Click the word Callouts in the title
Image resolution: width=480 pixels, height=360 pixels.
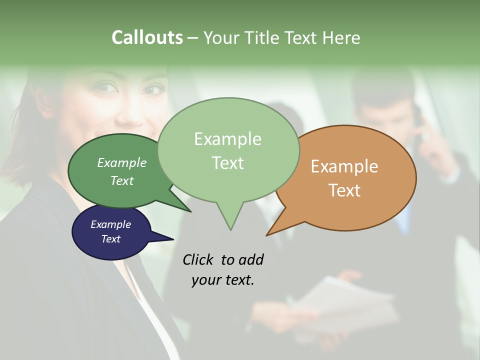pos(147,37)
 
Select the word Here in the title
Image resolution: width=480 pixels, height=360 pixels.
pos(339,37)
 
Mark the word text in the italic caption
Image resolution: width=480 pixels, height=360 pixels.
pos(240,280)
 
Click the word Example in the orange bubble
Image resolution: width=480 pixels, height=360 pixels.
pos(344,166)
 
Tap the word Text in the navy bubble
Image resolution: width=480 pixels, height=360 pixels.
pos(111,239)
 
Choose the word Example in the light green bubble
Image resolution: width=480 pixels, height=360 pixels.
pos(227,139)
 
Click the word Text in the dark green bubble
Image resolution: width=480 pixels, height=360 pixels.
pos(122,180)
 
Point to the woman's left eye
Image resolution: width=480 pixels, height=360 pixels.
pos(152,90)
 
